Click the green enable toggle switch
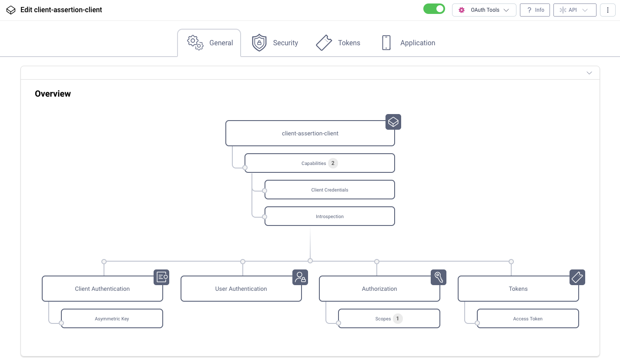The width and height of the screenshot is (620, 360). (x=434, y=9)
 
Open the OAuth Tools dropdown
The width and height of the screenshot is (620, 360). (x=484, y=10)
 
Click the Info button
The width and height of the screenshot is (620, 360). (x=535, y=10)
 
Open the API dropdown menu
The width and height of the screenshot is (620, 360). (x=574, y=10)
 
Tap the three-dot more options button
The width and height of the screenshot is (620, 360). (x=608, y=10)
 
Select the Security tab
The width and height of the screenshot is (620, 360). (x=275, y=43)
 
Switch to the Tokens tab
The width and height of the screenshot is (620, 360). (x=338, y=43)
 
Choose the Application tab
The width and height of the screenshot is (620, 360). (x=408, y=43)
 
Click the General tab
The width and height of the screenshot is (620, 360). (x=209, y=43)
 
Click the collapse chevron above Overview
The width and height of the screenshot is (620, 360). (x=589, y=73)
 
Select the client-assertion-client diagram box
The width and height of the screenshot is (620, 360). (x=310, y=133)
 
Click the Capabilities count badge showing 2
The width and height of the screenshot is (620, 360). (x=333, y=163)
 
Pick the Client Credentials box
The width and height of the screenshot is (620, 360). (x=329, y=190)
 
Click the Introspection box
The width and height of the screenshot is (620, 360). (x=329, y=216)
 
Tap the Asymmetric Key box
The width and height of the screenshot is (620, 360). (x=112, y=319)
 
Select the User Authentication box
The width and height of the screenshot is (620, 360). (x=241, y=289)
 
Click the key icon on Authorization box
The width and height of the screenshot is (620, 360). (x=439, y=277)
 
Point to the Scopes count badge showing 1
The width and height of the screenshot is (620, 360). (x=397, y=319)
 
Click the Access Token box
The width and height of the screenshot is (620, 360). (x=527, y=319)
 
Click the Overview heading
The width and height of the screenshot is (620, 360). (x=53, y=94)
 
